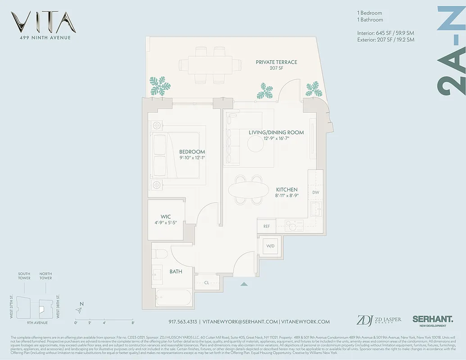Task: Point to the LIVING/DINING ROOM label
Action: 276,132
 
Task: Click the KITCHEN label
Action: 286,190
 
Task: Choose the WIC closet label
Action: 165,217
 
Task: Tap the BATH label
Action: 176,272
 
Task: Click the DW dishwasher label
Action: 316,193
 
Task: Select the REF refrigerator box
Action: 267,226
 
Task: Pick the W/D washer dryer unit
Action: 271,246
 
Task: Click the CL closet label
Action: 206,283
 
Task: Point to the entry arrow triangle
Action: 244,284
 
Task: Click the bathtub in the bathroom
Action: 173,298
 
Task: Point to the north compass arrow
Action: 79,310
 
